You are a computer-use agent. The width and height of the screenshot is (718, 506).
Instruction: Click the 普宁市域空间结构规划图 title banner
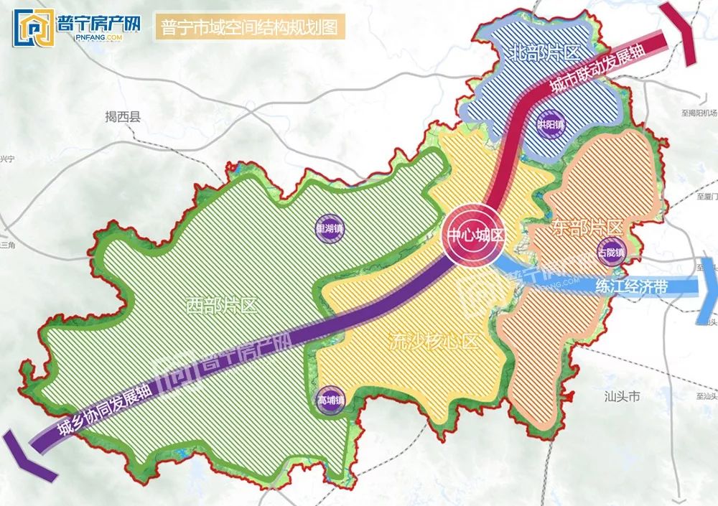coord(250,27)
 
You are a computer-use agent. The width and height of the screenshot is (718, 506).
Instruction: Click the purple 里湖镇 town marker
coord(330,229)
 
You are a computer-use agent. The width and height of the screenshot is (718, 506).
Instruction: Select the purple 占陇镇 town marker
coord(611,252)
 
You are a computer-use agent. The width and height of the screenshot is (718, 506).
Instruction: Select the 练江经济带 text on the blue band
coord(631,286)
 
